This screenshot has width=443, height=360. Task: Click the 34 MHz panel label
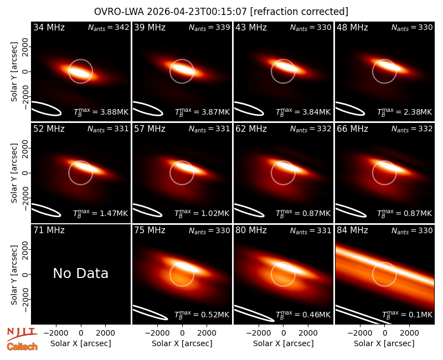coord(49,27)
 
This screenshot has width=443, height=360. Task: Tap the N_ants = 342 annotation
coord(109,27)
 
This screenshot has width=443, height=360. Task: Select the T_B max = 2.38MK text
coord(405,112)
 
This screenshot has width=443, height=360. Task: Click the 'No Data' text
coord(80,273)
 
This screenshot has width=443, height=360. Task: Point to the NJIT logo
coord(22,335)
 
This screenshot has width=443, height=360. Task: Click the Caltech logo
coord(22,347)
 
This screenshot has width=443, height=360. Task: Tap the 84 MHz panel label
coord(352,230)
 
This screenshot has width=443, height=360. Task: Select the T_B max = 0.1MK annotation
coord(407,315)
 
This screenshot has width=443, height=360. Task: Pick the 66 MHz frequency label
coord(352,129)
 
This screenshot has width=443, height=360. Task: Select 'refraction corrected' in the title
coord(299,12)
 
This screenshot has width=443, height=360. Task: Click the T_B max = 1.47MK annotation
coord(101,213)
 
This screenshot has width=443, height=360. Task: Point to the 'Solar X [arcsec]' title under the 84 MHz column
coord(384,343)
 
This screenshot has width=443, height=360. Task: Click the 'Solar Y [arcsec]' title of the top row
coord(14,71)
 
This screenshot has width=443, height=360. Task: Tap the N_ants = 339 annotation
coord(209,27)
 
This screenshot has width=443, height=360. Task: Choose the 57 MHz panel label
coord(150,129)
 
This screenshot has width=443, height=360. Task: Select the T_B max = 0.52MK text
coord(202,315)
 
